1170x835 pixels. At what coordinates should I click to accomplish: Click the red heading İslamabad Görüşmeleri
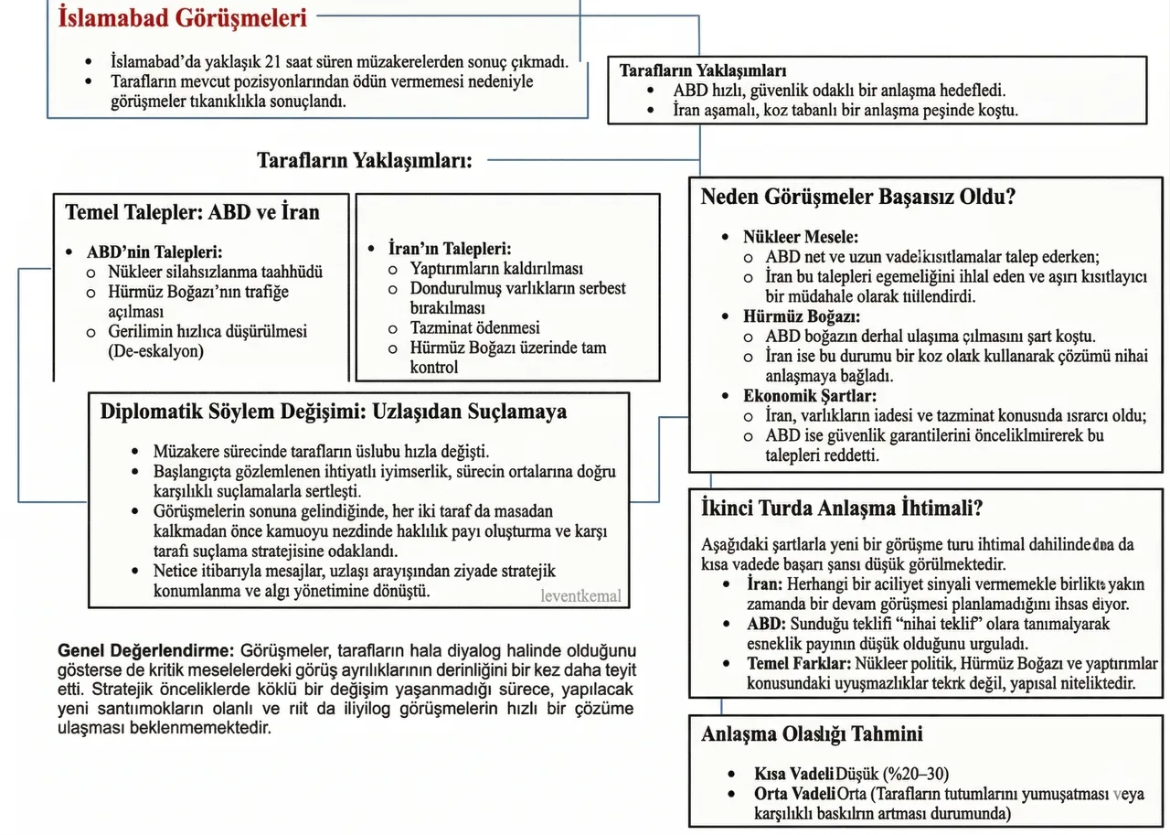click(182, 17)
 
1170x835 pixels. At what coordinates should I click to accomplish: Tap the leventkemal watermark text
click(580, 596)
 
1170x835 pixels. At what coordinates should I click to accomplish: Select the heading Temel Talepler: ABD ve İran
click(192, 213)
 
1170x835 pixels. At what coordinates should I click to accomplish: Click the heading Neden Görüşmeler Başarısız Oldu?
click(857, 197)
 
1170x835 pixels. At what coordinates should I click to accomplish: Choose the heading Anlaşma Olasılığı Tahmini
click(812, 733)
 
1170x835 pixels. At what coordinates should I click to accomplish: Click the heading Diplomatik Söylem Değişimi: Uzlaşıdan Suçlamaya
click(333, 411)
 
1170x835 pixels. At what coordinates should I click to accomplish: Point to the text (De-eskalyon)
click(156, 351)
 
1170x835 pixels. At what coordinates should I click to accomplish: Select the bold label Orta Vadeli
click(794, 793)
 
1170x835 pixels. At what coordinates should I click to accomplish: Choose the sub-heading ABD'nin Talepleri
click(154, 252)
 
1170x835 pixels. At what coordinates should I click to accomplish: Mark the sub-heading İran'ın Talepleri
click(450, 249)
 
